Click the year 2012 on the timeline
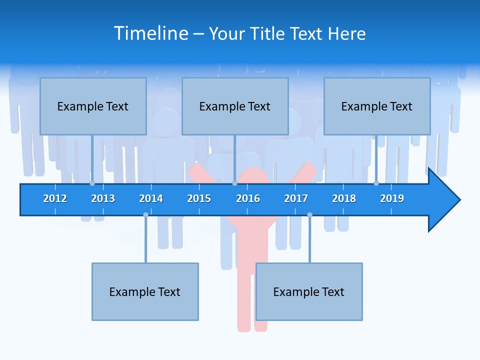coord(55,198)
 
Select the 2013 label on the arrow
coord(103,198)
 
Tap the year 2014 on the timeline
coord(151,198)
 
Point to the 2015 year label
coord(199,198)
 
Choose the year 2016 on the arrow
coord(248,198)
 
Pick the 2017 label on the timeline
coord(296,198)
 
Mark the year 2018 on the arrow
coord(344,198)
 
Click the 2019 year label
coord(392,198)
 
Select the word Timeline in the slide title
coord(151,33)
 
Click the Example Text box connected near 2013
coord(93,106)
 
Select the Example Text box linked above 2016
coord(235,106)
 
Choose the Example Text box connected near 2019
coord(377,106)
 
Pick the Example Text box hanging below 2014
coord(145,291)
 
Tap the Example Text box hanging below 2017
coord(309,291)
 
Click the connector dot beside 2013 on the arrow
coord(92,183)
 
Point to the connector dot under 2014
coord(145,214)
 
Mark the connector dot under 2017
coord(309,214)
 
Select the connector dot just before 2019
coord(376,183)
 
